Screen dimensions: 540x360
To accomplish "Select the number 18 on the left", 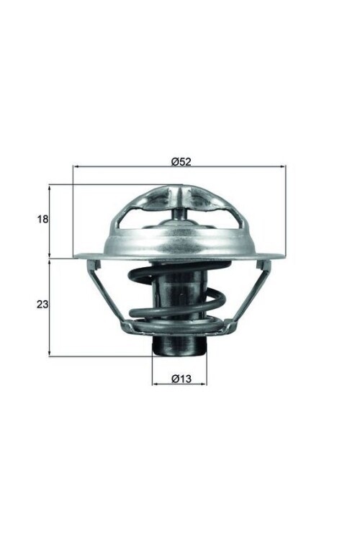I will [x=42, y=219].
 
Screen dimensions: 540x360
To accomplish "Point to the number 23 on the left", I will [x=42, y=305].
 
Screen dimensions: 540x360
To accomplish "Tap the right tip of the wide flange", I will [x=283, y=255].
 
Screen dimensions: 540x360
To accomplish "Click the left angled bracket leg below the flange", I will [x=104, y=292].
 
